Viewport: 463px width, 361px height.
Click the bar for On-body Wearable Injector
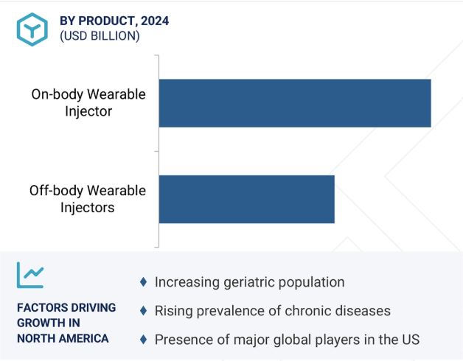click(295, 103)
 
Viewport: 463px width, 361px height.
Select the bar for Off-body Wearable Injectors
click(247, 199)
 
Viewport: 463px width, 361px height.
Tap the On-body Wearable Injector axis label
click(88, 102)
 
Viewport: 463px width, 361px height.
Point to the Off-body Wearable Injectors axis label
click(88, 199)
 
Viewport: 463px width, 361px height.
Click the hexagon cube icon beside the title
click(32, 29)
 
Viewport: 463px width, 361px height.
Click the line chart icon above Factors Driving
click(30, 275)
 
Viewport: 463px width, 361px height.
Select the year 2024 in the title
click(155, 21)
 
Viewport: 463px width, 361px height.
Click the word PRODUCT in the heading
click(106, 21)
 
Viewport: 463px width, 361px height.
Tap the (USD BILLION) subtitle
click(100, 36)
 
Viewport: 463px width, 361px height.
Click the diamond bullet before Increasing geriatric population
click(144, 282)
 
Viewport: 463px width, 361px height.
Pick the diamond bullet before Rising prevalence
click(144, 310)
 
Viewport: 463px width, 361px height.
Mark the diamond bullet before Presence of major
click(144, 340)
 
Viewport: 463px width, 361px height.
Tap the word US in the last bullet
click(411, 340)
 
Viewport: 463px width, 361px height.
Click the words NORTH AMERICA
click(63, 338)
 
